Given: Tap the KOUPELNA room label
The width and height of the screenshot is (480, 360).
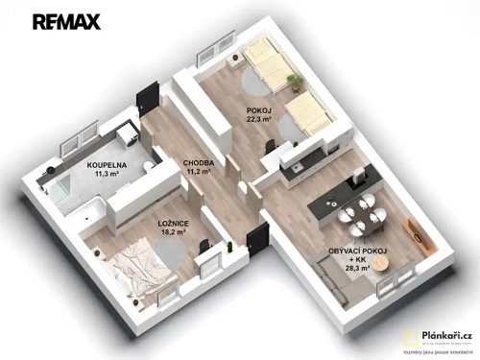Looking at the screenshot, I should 105,165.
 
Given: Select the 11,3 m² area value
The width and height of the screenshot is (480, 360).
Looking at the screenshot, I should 105,176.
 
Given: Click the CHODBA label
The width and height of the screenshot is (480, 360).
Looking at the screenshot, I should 198,163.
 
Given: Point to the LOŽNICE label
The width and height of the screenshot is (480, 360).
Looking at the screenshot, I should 173,222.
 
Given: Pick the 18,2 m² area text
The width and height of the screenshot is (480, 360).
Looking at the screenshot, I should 173,232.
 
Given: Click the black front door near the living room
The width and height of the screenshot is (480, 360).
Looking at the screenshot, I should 255,244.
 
